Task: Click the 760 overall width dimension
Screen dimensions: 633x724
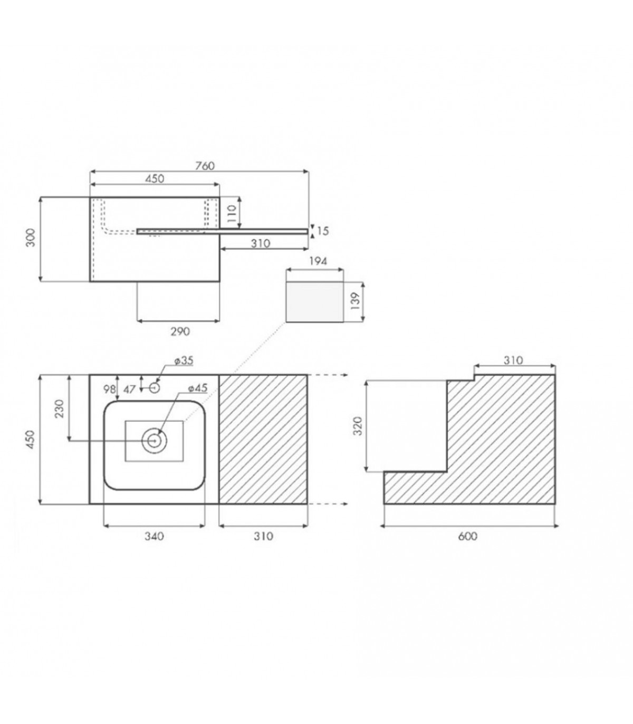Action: tap(205, 166)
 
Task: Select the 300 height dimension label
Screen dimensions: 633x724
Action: tap(31, 237)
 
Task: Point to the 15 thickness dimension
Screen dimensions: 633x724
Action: tap(322, 231)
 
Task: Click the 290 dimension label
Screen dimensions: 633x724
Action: tap(180, 331)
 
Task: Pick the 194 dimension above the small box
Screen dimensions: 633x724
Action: tap(318, 261)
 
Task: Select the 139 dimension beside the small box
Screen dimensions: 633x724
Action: tap(356, 301)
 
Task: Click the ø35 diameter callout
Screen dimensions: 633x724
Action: tap(184, 360)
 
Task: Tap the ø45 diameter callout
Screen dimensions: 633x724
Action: tap(198, 388)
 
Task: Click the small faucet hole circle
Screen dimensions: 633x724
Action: tap(154, 388)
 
